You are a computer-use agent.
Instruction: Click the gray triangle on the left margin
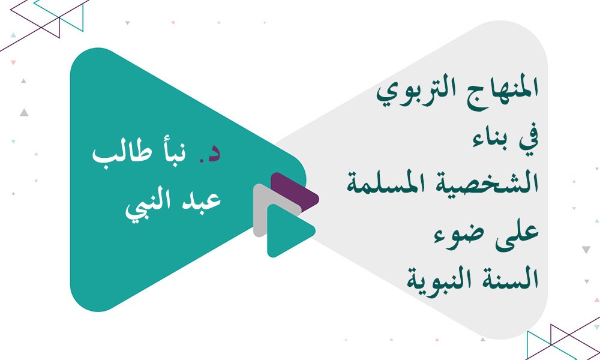pos(24,112)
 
